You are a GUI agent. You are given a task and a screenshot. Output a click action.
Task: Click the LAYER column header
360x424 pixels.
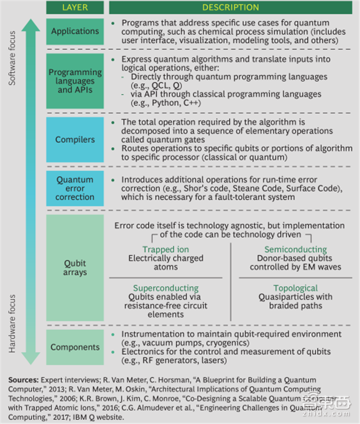click(75, 7)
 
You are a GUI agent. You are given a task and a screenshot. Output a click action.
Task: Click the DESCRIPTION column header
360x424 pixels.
click(231, 7)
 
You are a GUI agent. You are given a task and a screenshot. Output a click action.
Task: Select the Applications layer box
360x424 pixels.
click(75, 31)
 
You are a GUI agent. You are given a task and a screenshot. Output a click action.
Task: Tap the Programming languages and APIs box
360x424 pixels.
click(75, 80)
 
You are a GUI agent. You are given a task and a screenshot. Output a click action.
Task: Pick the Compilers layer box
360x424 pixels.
click(75, 139)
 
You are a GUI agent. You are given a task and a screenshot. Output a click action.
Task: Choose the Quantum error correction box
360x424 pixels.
click(75, 188)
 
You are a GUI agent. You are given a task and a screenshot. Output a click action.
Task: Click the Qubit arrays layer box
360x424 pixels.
click(75, 267)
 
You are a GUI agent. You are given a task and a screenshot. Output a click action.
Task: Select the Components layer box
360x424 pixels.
click(75, 346)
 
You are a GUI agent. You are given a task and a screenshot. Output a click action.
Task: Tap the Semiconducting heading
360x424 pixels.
click(295, 249)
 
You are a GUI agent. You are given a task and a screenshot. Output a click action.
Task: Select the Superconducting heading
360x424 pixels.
click(166, 288)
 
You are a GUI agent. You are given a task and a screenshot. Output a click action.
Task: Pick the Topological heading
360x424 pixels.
click(295, 288)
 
